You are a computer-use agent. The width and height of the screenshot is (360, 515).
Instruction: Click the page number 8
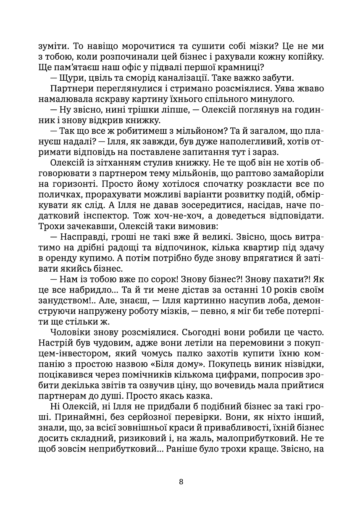181,482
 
